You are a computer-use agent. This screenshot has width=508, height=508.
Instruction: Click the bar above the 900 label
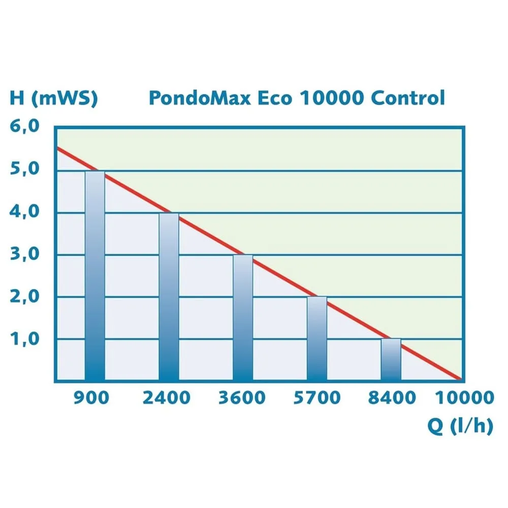(x=95, y=276)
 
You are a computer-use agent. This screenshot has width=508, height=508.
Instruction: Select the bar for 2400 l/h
(x=169, y=297)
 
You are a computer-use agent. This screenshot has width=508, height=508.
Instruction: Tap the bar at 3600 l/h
(x=243, y=317)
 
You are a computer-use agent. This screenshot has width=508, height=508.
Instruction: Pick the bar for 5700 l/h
(x=317, y=338)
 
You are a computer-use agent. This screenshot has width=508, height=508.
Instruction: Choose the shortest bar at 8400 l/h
(x=391, y=359)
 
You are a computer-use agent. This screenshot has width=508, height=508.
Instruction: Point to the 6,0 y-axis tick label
(x=25, y=127)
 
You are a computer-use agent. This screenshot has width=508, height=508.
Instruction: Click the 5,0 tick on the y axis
(x=25, y=170)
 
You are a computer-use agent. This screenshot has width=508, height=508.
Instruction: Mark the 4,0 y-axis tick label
(x=25, y=212)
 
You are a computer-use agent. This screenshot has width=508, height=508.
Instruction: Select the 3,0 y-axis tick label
(x=25, y=254)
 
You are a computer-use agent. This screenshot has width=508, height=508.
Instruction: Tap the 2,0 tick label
(x=25, y=296)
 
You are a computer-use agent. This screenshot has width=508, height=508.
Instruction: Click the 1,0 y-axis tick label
(x=25, y=338)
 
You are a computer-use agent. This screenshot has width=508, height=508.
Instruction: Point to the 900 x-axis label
(x=91, y=398)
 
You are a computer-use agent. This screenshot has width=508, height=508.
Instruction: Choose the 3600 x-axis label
(x=242, y=398)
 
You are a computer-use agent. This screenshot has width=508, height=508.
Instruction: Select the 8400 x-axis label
(x=392, y=398)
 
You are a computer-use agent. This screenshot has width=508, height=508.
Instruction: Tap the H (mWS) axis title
(x=53, y=98)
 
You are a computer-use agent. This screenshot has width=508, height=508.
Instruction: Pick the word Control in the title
(x=407, y=98)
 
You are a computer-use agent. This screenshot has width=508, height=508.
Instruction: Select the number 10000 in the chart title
(x=331, y=98)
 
